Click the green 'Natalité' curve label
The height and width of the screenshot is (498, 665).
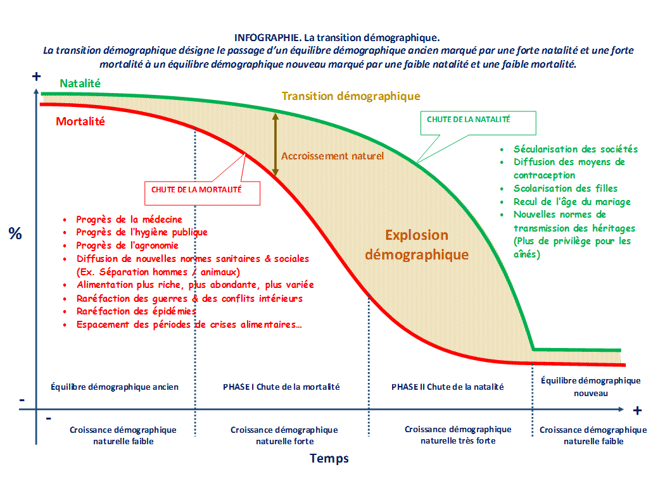tap(80, 84)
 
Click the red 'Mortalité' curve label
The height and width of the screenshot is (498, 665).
tap(80, 121)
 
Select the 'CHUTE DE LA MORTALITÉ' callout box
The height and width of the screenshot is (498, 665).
tap(202, 193)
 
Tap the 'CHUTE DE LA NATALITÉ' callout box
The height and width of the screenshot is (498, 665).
tap(478, 123)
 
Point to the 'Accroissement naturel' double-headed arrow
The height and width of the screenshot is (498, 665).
tap(275, 144)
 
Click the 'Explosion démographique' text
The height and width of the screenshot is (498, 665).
tap(417, 245)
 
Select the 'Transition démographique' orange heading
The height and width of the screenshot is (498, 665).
tap(351, 96)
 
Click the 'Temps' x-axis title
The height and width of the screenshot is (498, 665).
tap(329, 458)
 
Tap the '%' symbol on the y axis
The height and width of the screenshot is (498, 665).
tap(15, 233)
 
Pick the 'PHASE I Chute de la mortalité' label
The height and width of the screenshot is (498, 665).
tap(281, 387)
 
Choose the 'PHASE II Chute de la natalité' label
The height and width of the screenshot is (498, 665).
tap(447, 387)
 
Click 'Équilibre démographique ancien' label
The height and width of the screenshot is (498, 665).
tap(115, 387)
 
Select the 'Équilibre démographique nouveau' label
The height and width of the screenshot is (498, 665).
tap(591, 387)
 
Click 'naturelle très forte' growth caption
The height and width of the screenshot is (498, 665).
tap(458, 441)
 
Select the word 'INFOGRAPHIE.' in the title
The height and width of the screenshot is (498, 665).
tap(268, 38)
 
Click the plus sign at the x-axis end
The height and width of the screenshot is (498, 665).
tap(637, 410)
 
